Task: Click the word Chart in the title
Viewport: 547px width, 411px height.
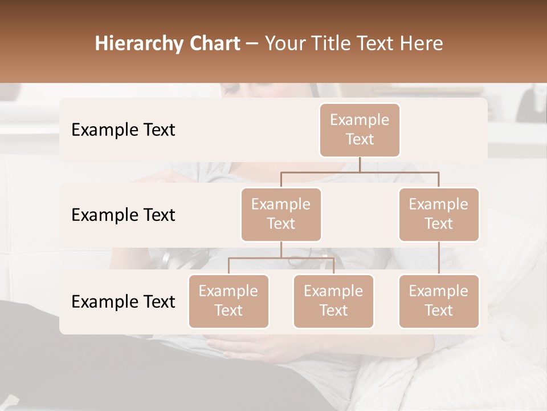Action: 216,44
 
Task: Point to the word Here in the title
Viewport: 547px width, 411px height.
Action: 422,44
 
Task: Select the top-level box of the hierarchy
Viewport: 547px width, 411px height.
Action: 360,130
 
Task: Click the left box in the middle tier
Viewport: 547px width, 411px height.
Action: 281,214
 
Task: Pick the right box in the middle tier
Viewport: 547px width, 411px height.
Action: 439,214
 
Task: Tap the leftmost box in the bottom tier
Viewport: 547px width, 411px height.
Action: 228,301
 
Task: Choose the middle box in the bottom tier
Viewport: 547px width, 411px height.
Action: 333,301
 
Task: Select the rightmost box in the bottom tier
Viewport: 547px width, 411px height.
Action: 439,301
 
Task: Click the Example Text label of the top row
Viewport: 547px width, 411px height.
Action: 123,130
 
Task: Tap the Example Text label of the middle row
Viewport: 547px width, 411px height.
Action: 123,215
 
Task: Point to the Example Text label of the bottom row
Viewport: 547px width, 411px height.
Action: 123,301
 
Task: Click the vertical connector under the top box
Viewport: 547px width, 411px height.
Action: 360,164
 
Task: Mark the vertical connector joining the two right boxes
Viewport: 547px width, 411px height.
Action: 439,258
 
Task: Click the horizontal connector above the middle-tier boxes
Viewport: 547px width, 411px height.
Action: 360,172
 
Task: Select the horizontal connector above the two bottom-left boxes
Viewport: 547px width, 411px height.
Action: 281,258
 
